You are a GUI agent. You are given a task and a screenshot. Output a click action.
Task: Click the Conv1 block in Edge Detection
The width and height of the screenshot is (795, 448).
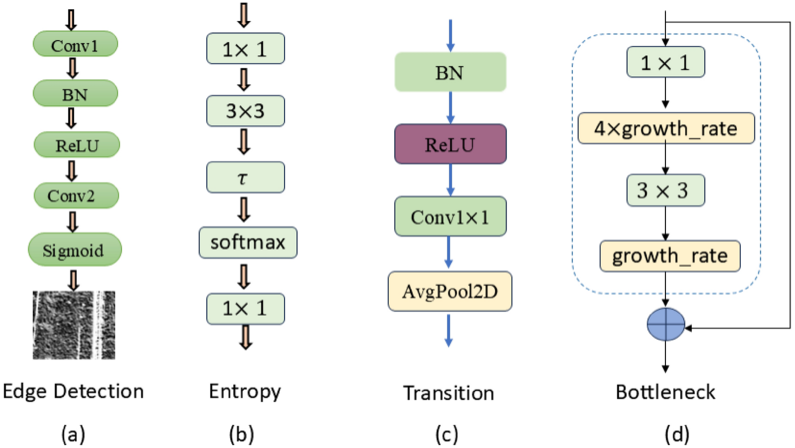75,45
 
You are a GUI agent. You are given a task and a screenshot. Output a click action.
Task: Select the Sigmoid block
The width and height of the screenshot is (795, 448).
74,250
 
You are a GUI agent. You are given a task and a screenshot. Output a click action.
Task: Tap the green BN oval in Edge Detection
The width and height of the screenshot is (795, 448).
75,93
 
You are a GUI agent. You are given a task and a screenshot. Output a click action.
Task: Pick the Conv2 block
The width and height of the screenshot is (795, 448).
76,196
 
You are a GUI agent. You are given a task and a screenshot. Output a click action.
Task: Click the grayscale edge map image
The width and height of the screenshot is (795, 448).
74,325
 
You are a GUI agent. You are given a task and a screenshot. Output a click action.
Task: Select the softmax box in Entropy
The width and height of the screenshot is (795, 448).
247,243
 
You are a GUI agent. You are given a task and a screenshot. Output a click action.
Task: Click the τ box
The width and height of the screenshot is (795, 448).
245,177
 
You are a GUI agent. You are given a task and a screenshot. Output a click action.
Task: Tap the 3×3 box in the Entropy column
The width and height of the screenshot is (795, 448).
245,111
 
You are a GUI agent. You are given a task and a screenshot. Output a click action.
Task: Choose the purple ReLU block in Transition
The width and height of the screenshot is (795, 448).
450,144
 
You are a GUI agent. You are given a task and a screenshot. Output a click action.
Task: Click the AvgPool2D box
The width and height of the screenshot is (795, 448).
450,291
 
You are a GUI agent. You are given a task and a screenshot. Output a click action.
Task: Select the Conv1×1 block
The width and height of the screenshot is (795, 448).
450,217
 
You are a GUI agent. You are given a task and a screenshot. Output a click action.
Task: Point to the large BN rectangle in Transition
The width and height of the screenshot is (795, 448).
450,72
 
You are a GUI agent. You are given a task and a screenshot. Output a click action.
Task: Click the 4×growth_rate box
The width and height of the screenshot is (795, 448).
666,128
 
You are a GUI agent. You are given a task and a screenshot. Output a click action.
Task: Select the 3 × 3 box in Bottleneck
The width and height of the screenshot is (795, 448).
665,190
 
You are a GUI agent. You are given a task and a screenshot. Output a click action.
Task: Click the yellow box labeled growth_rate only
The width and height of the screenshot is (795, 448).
669,256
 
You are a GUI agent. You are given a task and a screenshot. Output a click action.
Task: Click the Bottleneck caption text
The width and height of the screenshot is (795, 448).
665,392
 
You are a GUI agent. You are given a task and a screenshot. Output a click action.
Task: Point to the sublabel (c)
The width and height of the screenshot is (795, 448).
446,434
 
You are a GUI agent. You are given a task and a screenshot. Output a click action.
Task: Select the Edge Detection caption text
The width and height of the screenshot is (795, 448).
73,391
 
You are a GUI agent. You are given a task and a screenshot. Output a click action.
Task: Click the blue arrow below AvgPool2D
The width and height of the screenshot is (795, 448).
448,330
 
